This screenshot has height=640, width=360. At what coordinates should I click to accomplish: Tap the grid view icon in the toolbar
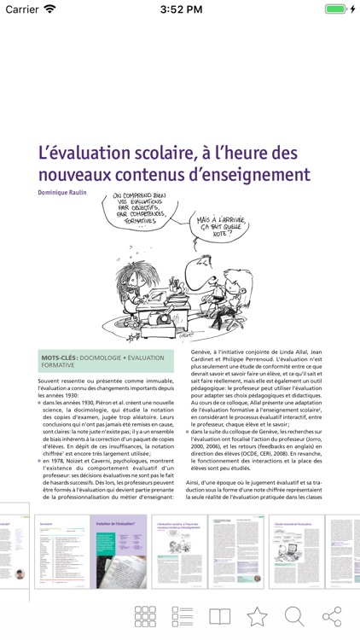point(146,617)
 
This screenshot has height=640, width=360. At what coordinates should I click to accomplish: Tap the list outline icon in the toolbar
point(183,617)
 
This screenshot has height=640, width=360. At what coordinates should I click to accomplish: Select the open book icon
point(220,617)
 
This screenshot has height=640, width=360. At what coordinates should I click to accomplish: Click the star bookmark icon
point(257,617)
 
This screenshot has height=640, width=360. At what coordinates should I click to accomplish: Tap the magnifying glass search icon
point(294,617)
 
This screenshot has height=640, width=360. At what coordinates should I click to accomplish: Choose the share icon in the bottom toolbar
point(332,616)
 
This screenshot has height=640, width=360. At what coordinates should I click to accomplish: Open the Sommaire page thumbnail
point(61,550)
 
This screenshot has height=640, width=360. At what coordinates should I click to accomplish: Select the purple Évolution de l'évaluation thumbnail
point(119,550)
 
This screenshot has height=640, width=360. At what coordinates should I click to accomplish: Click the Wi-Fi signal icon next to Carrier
point(50,9)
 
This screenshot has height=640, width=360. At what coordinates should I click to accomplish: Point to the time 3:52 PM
point(179,9)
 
